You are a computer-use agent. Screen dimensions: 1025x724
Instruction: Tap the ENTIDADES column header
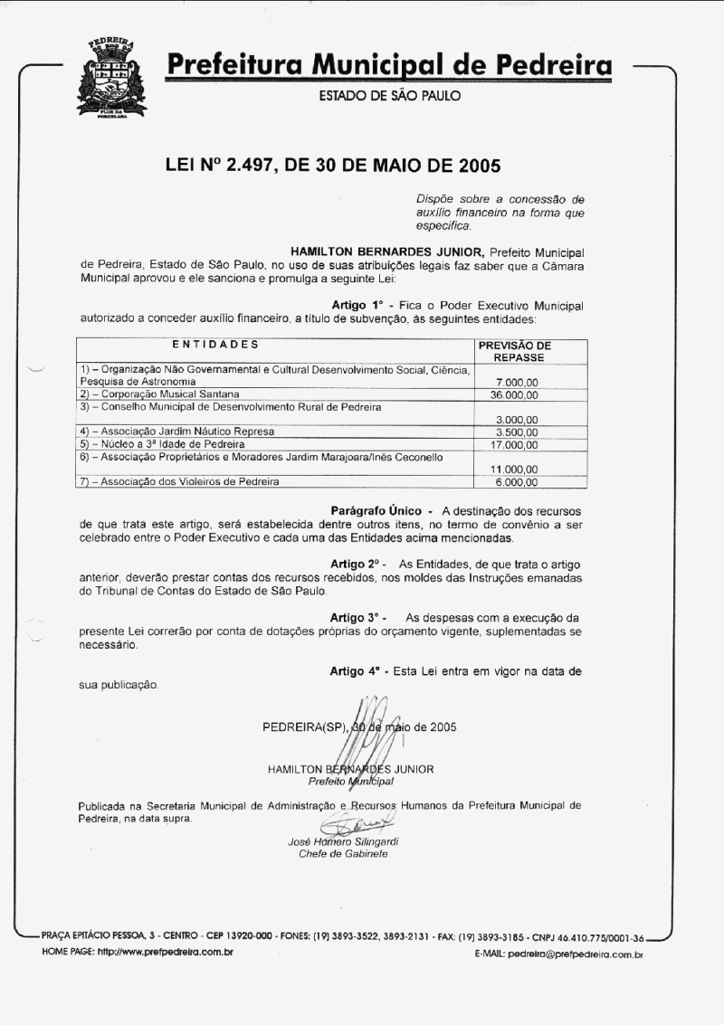pyautogui.click(x=215, y=345)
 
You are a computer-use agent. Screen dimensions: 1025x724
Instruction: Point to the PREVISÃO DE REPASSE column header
pyautogui.click(x=514, y=351)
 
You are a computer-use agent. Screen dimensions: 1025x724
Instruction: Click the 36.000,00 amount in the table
pyautogui.click(x=514, y=395)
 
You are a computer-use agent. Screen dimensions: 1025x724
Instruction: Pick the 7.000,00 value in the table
pyautogui.click(x=518, y=383)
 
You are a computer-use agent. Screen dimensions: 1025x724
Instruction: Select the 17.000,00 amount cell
pyautogui.click(x=514, y=444)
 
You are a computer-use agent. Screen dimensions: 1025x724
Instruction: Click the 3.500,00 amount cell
pyautogui.click(x=518, y=432)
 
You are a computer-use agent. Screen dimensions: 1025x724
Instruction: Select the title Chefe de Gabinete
pyautogui.click(x=343, y=853)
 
